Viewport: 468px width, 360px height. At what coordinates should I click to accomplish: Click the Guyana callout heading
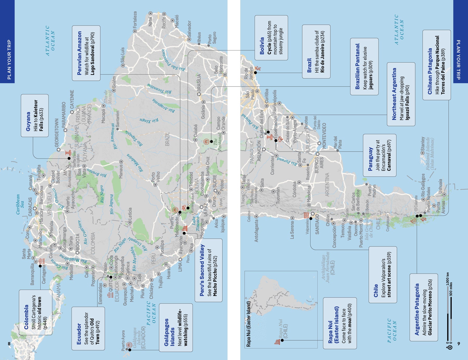(28, 121)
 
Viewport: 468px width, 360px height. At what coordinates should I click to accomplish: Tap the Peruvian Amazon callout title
(79, 53)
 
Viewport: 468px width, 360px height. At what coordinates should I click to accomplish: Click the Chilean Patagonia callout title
(430, 71)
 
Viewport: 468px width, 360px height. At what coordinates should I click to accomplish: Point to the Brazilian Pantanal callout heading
(357, 66)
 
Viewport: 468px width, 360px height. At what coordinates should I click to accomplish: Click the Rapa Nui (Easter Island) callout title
(333, 325)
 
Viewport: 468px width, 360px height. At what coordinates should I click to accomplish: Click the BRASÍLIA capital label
(199, 82)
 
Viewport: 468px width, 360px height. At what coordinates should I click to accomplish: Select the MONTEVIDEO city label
(324, 136)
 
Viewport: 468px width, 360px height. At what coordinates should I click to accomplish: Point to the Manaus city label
(121, 171)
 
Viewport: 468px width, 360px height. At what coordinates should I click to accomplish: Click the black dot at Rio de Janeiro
(255, 73)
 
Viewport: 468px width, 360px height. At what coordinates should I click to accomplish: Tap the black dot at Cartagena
(40, 266)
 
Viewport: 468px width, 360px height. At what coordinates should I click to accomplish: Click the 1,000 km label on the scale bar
(447, 279)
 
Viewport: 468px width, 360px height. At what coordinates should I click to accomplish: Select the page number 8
(9, 344)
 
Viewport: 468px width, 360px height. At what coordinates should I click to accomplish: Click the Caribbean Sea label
(20, 204)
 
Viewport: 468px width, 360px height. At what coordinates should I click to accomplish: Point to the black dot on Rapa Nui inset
(282, 340)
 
